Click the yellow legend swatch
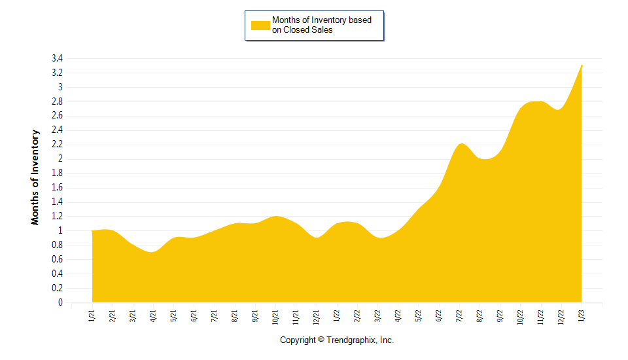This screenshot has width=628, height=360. (x=260, y=25)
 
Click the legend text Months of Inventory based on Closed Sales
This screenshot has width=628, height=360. (x=321, y=25)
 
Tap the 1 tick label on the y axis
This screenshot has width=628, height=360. (x=60, y=230)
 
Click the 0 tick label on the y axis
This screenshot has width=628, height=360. (x=60, y=302)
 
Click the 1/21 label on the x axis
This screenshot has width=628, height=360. (x=92, y=316)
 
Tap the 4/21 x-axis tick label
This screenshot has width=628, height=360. (x=153, y=316)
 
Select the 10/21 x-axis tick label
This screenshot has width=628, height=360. (x=275, y=317)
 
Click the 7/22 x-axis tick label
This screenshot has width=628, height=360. (x=459, y=316)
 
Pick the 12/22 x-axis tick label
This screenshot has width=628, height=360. (x=561, y=317)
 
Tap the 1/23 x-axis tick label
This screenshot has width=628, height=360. (x=582, y=316)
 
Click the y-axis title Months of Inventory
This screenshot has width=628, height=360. (x=35, y=177)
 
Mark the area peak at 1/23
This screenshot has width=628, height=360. (x=582, y=65)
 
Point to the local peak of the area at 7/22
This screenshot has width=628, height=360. (x=461, y=143)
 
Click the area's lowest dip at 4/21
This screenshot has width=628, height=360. (x=152, y=252)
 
